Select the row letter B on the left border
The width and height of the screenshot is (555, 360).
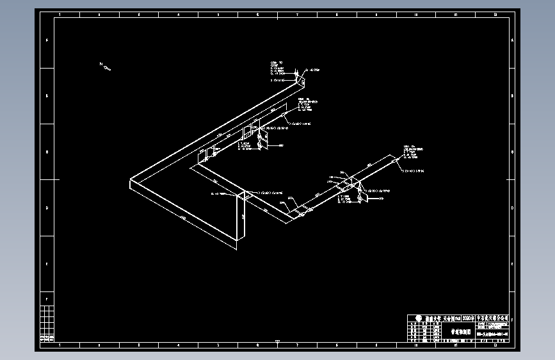pos(46,96)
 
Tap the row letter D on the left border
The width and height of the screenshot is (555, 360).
pos(46,208)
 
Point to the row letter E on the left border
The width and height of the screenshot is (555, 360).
pos(46,263)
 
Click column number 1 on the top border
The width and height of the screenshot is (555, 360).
pos(60,14)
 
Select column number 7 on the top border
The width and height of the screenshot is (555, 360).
pos(297,14)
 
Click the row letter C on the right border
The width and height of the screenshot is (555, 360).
pos(512,152)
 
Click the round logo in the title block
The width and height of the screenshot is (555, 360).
pos(418,318)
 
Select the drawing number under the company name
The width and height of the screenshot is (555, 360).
pos(496,332)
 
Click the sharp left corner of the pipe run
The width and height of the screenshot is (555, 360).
pos(131,181)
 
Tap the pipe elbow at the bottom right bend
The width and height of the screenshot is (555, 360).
pos(296,218)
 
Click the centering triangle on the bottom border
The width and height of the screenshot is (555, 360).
pos(277,341)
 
